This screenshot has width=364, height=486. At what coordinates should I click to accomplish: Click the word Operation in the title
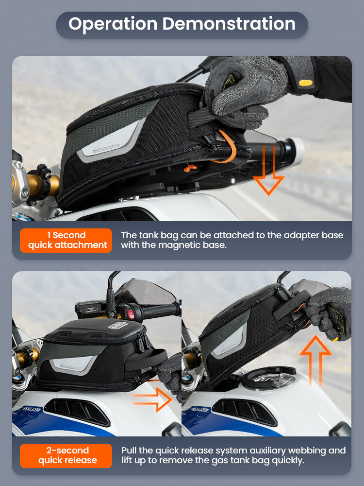click(x=113, y=24)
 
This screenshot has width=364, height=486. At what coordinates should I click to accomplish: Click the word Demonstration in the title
click(x=229, y=23)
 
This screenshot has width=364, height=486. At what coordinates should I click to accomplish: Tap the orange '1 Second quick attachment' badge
click(x=66, y=240)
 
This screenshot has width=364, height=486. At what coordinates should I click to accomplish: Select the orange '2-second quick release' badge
click(x=66, y=456)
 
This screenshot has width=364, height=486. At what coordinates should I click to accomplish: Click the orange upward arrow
click(x=315, y=360)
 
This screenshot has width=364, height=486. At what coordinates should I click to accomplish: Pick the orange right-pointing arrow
click(x=151, y=399)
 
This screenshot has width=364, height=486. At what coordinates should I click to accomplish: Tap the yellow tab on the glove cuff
click(x=305, y=83)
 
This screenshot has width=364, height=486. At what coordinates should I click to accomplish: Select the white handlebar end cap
click(x=297, y=151)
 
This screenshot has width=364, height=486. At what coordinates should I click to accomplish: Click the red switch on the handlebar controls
click(x=131, y=314)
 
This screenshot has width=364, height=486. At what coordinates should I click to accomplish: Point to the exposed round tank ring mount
click(x=269, y=378)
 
